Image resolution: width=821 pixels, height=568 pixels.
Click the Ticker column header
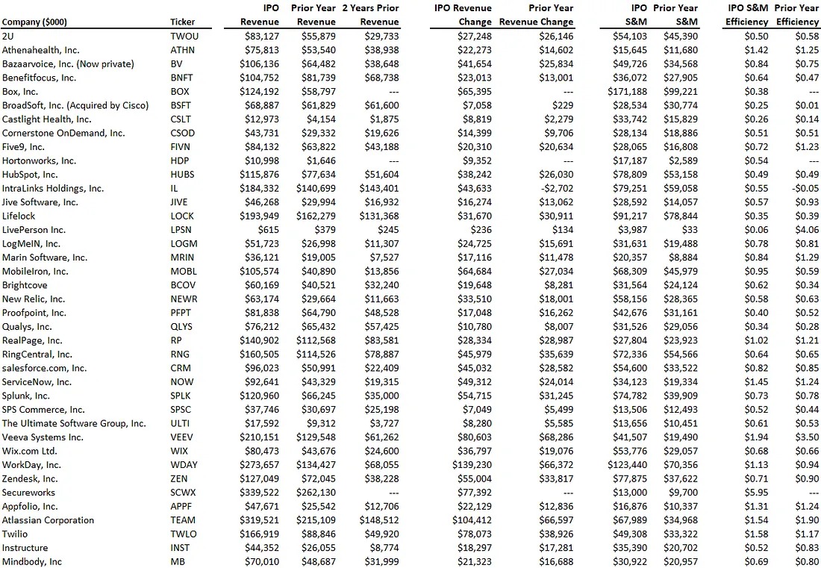point(182,22)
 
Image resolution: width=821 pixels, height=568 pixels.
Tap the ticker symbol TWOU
point(184,36)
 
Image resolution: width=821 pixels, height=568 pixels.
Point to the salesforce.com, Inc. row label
point(44,368)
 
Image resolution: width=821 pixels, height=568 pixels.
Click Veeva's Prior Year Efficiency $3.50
point(807,437)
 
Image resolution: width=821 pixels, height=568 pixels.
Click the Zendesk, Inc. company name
point(30,478)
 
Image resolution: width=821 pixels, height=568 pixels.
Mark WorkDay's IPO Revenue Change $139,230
point(472,465)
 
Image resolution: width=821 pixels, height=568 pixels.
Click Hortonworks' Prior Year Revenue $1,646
point(321,160)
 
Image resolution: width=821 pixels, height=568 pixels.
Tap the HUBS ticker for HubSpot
point(181,175)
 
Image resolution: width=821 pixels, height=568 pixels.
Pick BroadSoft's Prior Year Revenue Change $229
point(563,105)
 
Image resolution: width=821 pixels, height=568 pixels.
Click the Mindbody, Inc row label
point(32,562)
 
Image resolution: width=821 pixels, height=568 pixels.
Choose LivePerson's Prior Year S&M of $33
point(690,230)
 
